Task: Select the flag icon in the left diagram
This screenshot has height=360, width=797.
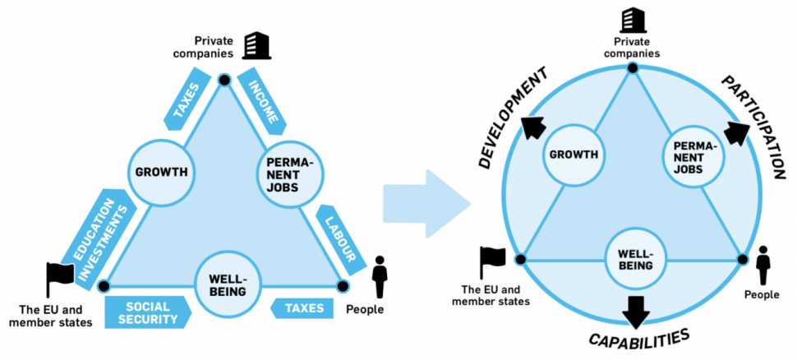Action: [60, 275]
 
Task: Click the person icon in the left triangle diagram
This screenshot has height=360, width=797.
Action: [380, 276]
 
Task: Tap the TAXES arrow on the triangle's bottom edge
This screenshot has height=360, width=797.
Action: [303, 309]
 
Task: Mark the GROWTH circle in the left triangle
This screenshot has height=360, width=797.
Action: [161, 173]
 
